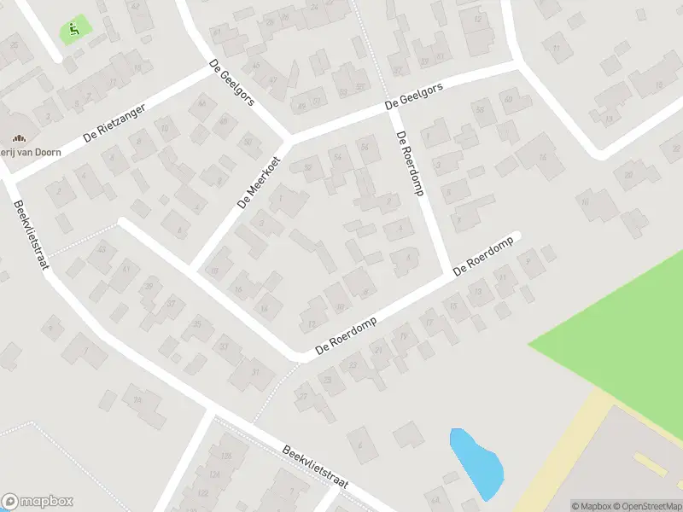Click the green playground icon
[x=75, y=31]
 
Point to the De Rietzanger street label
[x=114, y=124]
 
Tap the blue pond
[x=476, y=463]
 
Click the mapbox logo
[x=37, y=502]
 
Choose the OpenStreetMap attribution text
[x=645, y=506]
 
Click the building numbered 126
[x=225, y=457]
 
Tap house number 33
[x=224, y=346]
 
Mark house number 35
[x=197, y=323]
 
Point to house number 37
[x=172, y=303]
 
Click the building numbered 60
[x=507, y=100]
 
